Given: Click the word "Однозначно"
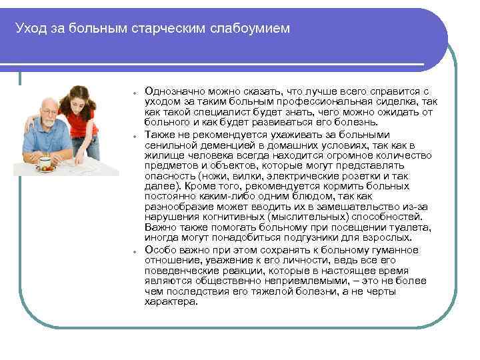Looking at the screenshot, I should tap(173, 89).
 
